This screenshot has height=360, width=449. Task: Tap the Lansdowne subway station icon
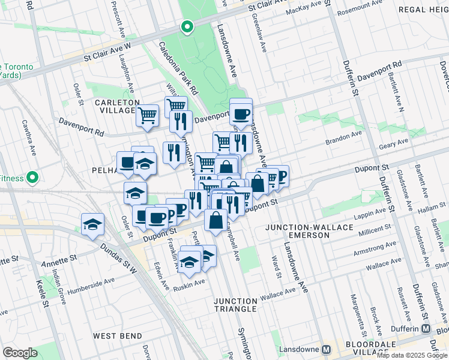(x=327, y=349)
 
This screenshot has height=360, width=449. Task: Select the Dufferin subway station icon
(x=426, y=329)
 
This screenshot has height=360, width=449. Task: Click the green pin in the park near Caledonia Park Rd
(x=187, y=27)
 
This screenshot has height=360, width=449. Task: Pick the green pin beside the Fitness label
(x=33, y=178)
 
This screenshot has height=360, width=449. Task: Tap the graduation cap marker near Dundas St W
(x=92, y=225)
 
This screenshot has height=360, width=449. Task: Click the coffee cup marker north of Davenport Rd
(x=241, y=113)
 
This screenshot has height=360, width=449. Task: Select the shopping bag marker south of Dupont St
(x=215, y=220)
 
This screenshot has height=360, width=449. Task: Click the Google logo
(x=20, y=352)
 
